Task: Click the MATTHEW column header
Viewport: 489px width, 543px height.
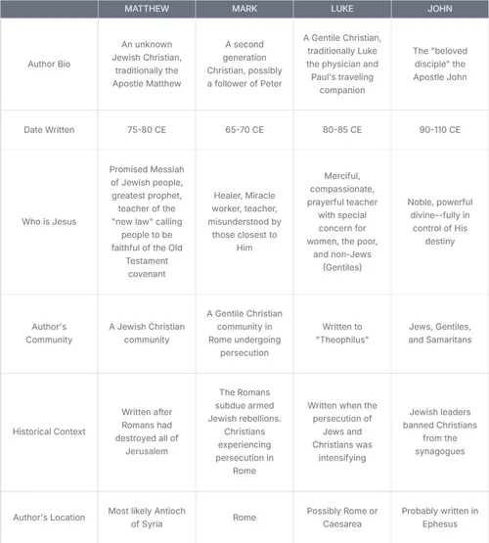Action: pos(146,9)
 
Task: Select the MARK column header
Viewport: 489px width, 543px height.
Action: pos(244,9)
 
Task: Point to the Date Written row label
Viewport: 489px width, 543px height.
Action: pos(49,129)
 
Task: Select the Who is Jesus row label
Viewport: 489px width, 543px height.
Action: pos(49,222)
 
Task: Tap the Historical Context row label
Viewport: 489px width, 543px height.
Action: pos(49,431)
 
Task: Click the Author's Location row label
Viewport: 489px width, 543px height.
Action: pos(49,518)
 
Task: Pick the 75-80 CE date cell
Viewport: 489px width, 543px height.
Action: pos(146,129)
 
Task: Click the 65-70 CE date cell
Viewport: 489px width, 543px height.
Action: pos(244,129)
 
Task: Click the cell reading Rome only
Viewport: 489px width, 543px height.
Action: pos(244,518)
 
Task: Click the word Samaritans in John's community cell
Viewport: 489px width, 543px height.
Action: pos(449,339)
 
